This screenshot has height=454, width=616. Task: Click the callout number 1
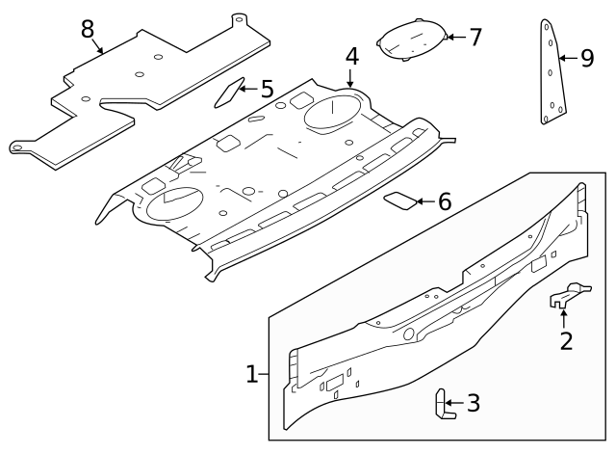[x=252, y=374]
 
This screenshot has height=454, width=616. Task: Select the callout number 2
[x=566, y=340]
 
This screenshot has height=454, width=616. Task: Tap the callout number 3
[x=473, y=403]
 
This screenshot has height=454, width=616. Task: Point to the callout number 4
[x=352, y=56]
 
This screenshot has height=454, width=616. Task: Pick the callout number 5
[x=267, y=90]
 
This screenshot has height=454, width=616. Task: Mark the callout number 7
[x=475, y=38]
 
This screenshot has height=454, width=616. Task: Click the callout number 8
[x=88, y=29]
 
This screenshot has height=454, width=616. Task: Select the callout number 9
[x=587, y=59]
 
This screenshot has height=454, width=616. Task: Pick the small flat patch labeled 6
[x=400, y=200]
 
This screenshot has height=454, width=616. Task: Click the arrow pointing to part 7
[x=454, y=39]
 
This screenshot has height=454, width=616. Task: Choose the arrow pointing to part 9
[x=569, y=59]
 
